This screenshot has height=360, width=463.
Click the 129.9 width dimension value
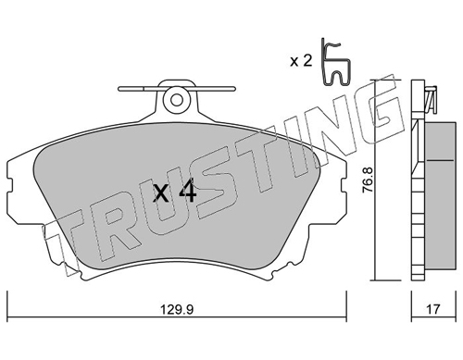coord(177,309)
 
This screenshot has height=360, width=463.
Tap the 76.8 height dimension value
coord(368,180)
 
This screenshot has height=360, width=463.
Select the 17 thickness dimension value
coord(433,309)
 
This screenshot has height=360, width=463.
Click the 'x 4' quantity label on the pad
coord(174,192)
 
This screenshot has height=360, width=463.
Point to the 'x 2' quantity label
coord(301,61)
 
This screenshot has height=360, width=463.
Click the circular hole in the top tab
coord(177,100)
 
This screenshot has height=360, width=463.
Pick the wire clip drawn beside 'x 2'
coord(335,62)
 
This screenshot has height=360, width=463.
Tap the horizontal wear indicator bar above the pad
coord(177,89)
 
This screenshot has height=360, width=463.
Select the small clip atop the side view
coord(432,99)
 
